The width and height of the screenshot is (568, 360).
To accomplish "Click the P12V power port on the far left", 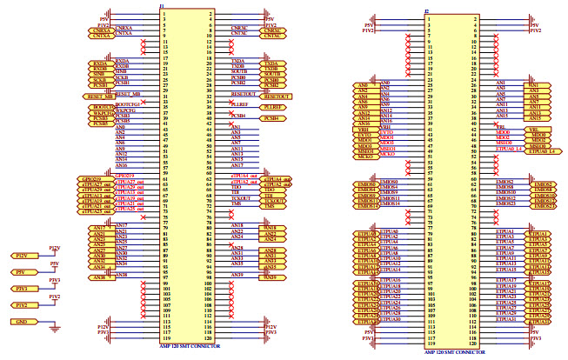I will click(x=23, y=257).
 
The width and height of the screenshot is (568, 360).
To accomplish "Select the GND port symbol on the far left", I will click(x=23, y=322).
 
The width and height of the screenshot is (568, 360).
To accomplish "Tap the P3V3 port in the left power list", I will click(x=23, y=289).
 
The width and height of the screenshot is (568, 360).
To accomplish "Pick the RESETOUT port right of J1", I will click(x=277, y=96).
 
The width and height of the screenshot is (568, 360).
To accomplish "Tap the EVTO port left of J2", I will click(x=364, y=135).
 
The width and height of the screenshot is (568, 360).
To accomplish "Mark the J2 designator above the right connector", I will click(x=426, y=11).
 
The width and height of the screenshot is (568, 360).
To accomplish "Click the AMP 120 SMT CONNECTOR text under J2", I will click(x=453, y=352).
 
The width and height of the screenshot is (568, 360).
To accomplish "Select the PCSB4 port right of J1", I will click(x=271, y=118).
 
